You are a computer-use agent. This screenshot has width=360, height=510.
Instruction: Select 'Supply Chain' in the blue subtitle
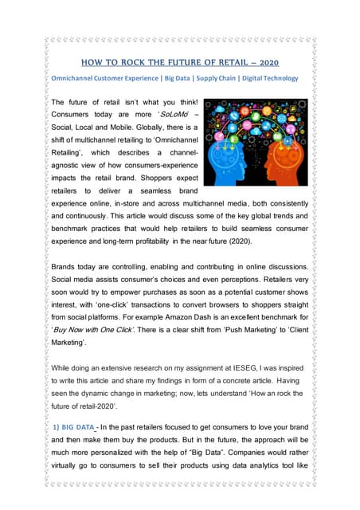pyautogui.click(x=208, y=78)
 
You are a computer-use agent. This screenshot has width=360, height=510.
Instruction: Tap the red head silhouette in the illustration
pyautogui.click(x=280, y=151)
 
